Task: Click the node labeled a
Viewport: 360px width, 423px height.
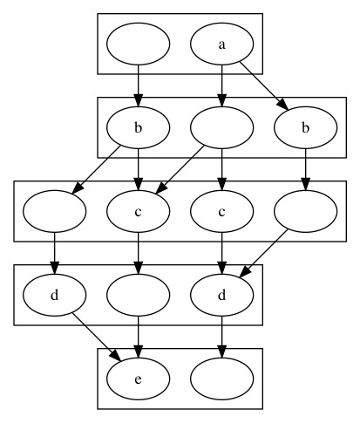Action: tap(221, 44)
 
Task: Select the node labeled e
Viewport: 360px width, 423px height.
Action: tap(138, 379)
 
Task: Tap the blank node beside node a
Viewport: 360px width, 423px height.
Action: tap(138, 44)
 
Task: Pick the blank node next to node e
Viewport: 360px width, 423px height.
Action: tap(221, 379)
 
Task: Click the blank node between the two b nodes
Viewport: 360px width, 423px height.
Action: tap(221, 127)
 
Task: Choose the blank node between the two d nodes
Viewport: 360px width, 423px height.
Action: tap(138, 295)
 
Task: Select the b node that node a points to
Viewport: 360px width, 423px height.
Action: tap(305, 127)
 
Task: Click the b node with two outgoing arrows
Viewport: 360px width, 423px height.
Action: tap(138, 127)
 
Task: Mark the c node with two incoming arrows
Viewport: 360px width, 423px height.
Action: tap(138, 211)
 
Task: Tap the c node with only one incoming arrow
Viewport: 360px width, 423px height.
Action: tap(221, 211)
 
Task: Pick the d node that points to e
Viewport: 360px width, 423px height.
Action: tap(54, 295)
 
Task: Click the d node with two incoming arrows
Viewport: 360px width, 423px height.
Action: tap(221, 295)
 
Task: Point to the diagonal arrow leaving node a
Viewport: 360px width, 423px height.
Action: tap(264, 86)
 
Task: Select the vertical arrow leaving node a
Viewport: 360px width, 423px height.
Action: tap(221, 85)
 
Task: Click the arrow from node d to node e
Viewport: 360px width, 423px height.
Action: tap(96, 338)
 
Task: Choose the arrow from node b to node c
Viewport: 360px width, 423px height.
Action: tap(138, 169)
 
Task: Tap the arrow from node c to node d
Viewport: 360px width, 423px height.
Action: tap(221, 253)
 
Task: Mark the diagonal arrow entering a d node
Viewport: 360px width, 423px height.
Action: tap(264, 254)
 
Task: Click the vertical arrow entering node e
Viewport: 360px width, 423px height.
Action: tap(138, 337)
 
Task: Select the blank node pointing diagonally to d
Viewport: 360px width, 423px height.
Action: tap(305, 211)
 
